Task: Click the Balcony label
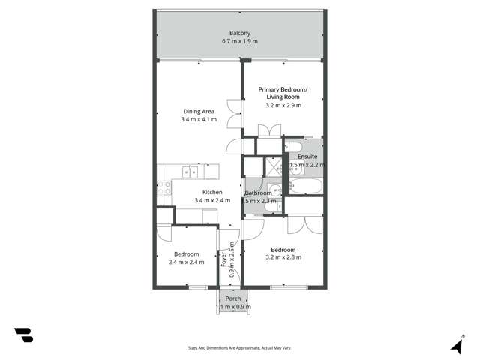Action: pos(240,33)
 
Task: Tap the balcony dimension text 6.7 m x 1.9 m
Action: pos(240,41)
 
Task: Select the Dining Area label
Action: pos(199,112)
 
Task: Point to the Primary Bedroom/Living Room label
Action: pos(283,93)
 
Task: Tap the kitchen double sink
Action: pos(191,172)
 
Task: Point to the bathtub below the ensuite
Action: pos(307,187)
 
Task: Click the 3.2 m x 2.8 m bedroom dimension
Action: pos(283,257)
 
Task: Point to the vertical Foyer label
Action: pos(224,259)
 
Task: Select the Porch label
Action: pos(233,298)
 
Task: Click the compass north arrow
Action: pos(456,345)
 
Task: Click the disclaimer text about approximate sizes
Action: pos(240,348)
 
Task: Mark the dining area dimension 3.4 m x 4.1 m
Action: pos(199,120)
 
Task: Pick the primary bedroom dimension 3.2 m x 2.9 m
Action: pos(283,106)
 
